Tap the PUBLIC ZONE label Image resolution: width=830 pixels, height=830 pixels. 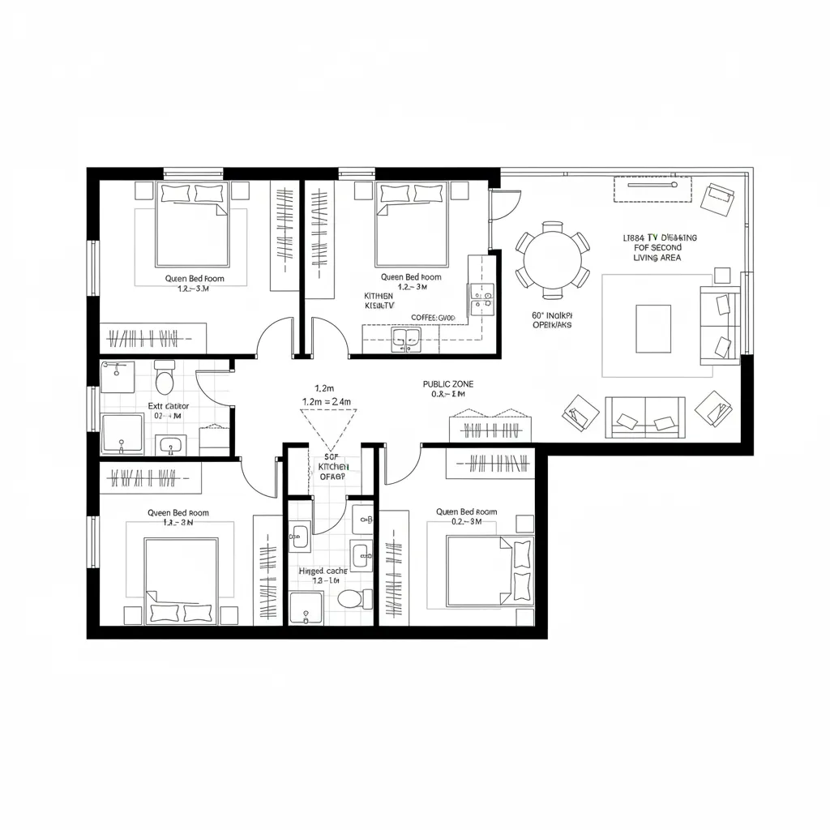(448, 383)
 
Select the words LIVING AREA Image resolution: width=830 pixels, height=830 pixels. (657, 258)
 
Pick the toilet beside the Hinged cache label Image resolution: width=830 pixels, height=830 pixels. (351, 599)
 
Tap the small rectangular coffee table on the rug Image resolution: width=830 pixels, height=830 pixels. (652, 328)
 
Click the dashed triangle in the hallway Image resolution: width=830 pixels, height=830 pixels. (328, 427)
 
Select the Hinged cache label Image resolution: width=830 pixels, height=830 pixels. (323, 571)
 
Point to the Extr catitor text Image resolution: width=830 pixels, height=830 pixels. (169, 405)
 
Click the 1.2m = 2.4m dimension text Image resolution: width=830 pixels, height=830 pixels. (326, 401)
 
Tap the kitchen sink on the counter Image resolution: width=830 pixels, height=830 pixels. (406, 340)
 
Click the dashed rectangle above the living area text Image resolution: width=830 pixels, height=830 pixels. (652, 189)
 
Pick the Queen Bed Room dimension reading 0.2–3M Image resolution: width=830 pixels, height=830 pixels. (465, 522)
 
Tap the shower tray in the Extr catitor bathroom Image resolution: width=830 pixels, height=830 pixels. (123, 433)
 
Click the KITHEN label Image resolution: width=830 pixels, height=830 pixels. (379, 297)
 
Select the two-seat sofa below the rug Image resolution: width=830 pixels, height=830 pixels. (645, 416)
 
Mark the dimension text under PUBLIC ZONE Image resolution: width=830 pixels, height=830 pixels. (448, 395)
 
